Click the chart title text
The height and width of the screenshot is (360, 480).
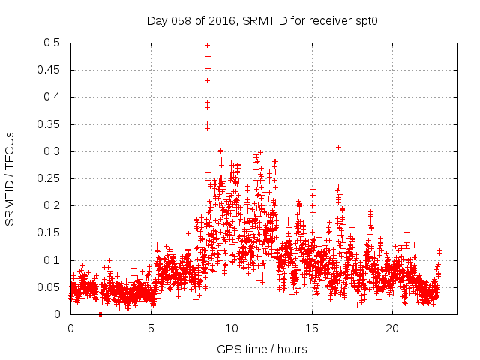pos(261,21)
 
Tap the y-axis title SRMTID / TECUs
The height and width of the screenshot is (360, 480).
pos(10,178)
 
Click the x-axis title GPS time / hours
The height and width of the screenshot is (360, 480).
pos(262,349)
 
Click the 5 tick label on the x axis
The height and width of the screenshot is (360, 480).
pos(151,328)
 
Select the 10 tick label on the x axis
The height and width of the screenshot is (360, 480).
pos(232,328)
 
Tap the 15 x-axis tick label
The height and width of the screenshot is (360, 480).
pos(312,328)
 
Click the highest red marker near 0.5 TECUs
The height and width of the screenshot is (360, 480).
pos(207,45)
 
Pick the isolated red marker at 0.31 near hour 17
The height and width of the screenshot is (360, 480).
pos(338,147)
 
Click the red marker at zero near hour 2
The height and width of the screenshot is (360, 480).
pos(100,314)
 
